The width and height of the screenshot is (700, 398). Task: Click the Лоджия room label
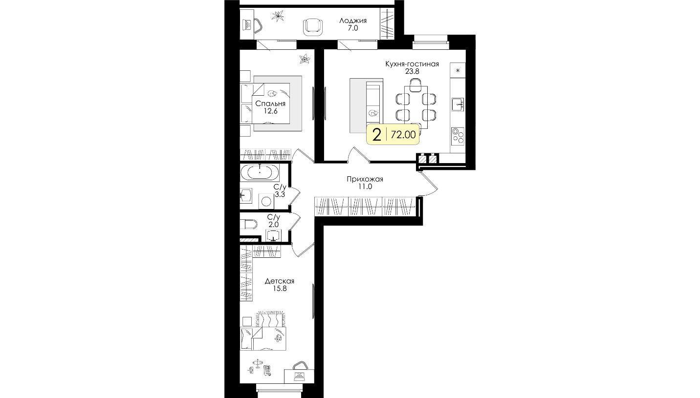353,21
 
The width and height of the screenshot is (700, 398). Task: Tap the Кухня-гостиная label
412,64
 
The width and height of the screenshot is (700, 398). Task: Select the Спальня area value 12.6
271,111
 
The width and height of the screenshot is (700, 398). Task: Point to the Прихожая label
365,179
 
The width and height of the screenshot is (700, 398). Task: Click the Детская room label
280,281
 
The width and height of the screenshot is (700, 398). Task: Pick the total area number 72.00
403,135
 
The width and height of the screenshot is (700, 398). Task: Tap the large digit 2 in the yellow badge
377,135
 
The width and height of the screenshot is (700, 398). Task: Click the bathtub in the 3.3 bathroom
260,172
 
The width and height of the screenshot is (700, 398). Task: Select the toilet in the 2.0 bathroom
249,224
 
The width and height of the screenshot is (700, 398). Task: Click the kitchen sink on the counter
458,104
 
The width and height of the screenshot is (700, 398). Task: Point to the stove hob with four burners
458,136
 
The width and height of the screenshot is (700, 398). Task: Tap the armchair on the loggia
313,27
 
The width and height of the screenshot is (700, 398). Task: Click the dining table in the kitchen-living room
416,107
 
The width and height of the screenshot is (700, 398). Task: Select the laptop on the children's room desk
299,377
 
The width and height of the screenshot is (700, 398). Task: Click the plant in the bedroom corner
305,59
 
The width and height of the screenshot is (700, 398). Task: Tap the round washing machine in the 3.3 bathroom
266,201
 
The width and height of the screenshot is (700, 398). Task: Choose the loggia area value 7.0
353,28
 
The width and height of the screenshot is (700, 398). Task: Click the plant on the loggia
278,16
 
